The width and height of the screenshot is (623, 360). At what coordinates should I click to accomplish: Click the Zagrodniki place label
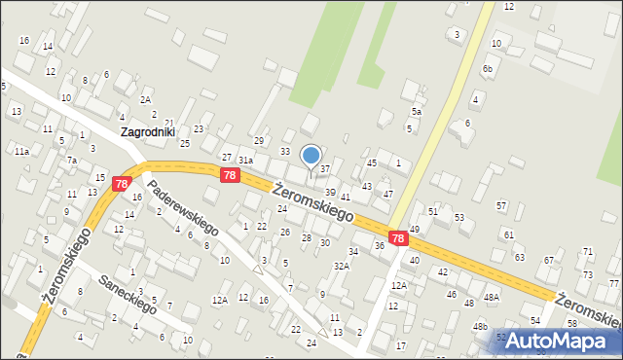pos(153,131)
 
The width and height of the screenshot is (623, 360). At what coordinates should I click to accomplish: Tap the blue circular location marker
pos(311,156)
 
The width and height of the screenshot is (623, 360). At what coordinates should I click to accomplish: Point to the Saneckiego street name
pos(128,294)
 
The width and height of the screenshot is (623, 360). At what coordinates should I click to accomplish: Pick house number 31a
pos(246,160)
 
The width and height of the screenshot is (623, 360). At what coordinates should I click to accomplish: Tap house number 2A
pos(145,99)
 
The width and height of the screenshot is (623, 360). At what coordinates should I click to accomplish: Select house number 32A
pos(341,266)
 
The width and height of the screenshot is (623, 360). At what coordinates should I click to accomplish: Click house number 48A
pos(492,298)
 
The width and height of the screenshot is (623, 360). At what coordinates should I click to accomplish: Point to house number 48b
pos(480,327)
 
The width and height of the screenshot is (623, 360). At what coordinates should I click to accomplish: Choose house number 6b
pos(488,69)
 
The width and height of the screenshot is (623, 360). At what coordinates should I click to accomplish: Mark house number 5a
pos(416,112)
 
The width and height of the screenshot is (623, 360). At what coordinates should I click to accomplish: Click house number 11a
pos(20,152)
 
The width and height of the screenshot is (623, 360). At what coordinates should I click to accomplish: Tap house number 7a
pos(71,160)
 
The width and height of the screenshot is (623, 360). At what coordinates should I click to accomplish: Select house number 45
pos(372,162)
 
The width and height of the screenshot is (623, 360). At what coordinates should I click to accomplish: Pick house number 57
pos(501,205)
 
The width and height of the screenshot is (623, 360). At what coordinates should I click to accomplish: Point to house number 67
pos(549,260)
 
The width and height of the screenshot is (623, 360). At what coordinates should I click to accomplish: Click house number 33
pos(285,151)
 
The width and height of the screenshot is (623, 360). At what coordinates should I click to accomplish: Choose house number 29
pos(259,140)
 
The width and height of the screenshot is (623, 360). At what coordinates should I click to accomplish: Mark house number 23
pos(199,128)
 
